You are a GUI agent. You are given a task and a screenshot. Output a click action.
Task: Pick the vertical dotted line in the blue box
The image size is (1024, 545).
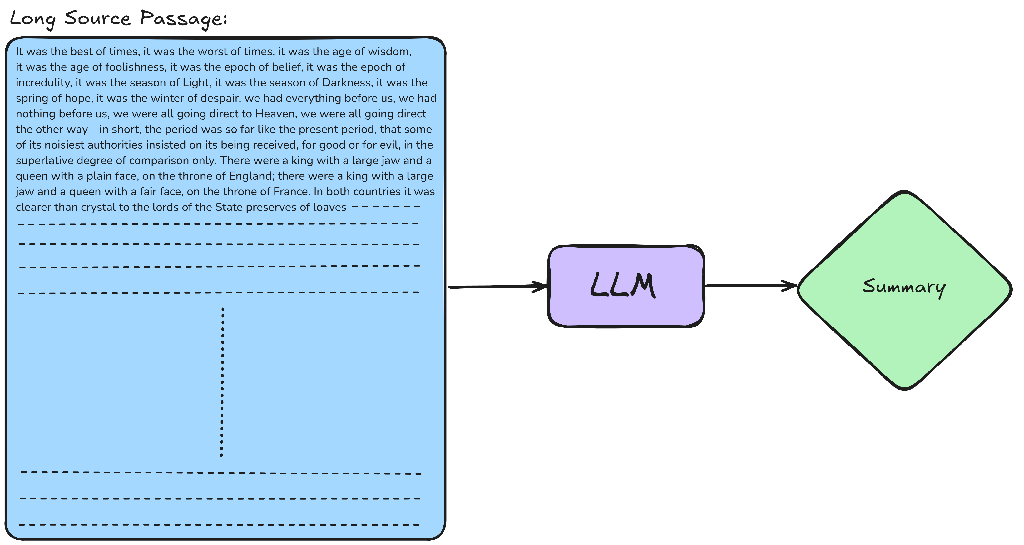pos(222,382)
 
